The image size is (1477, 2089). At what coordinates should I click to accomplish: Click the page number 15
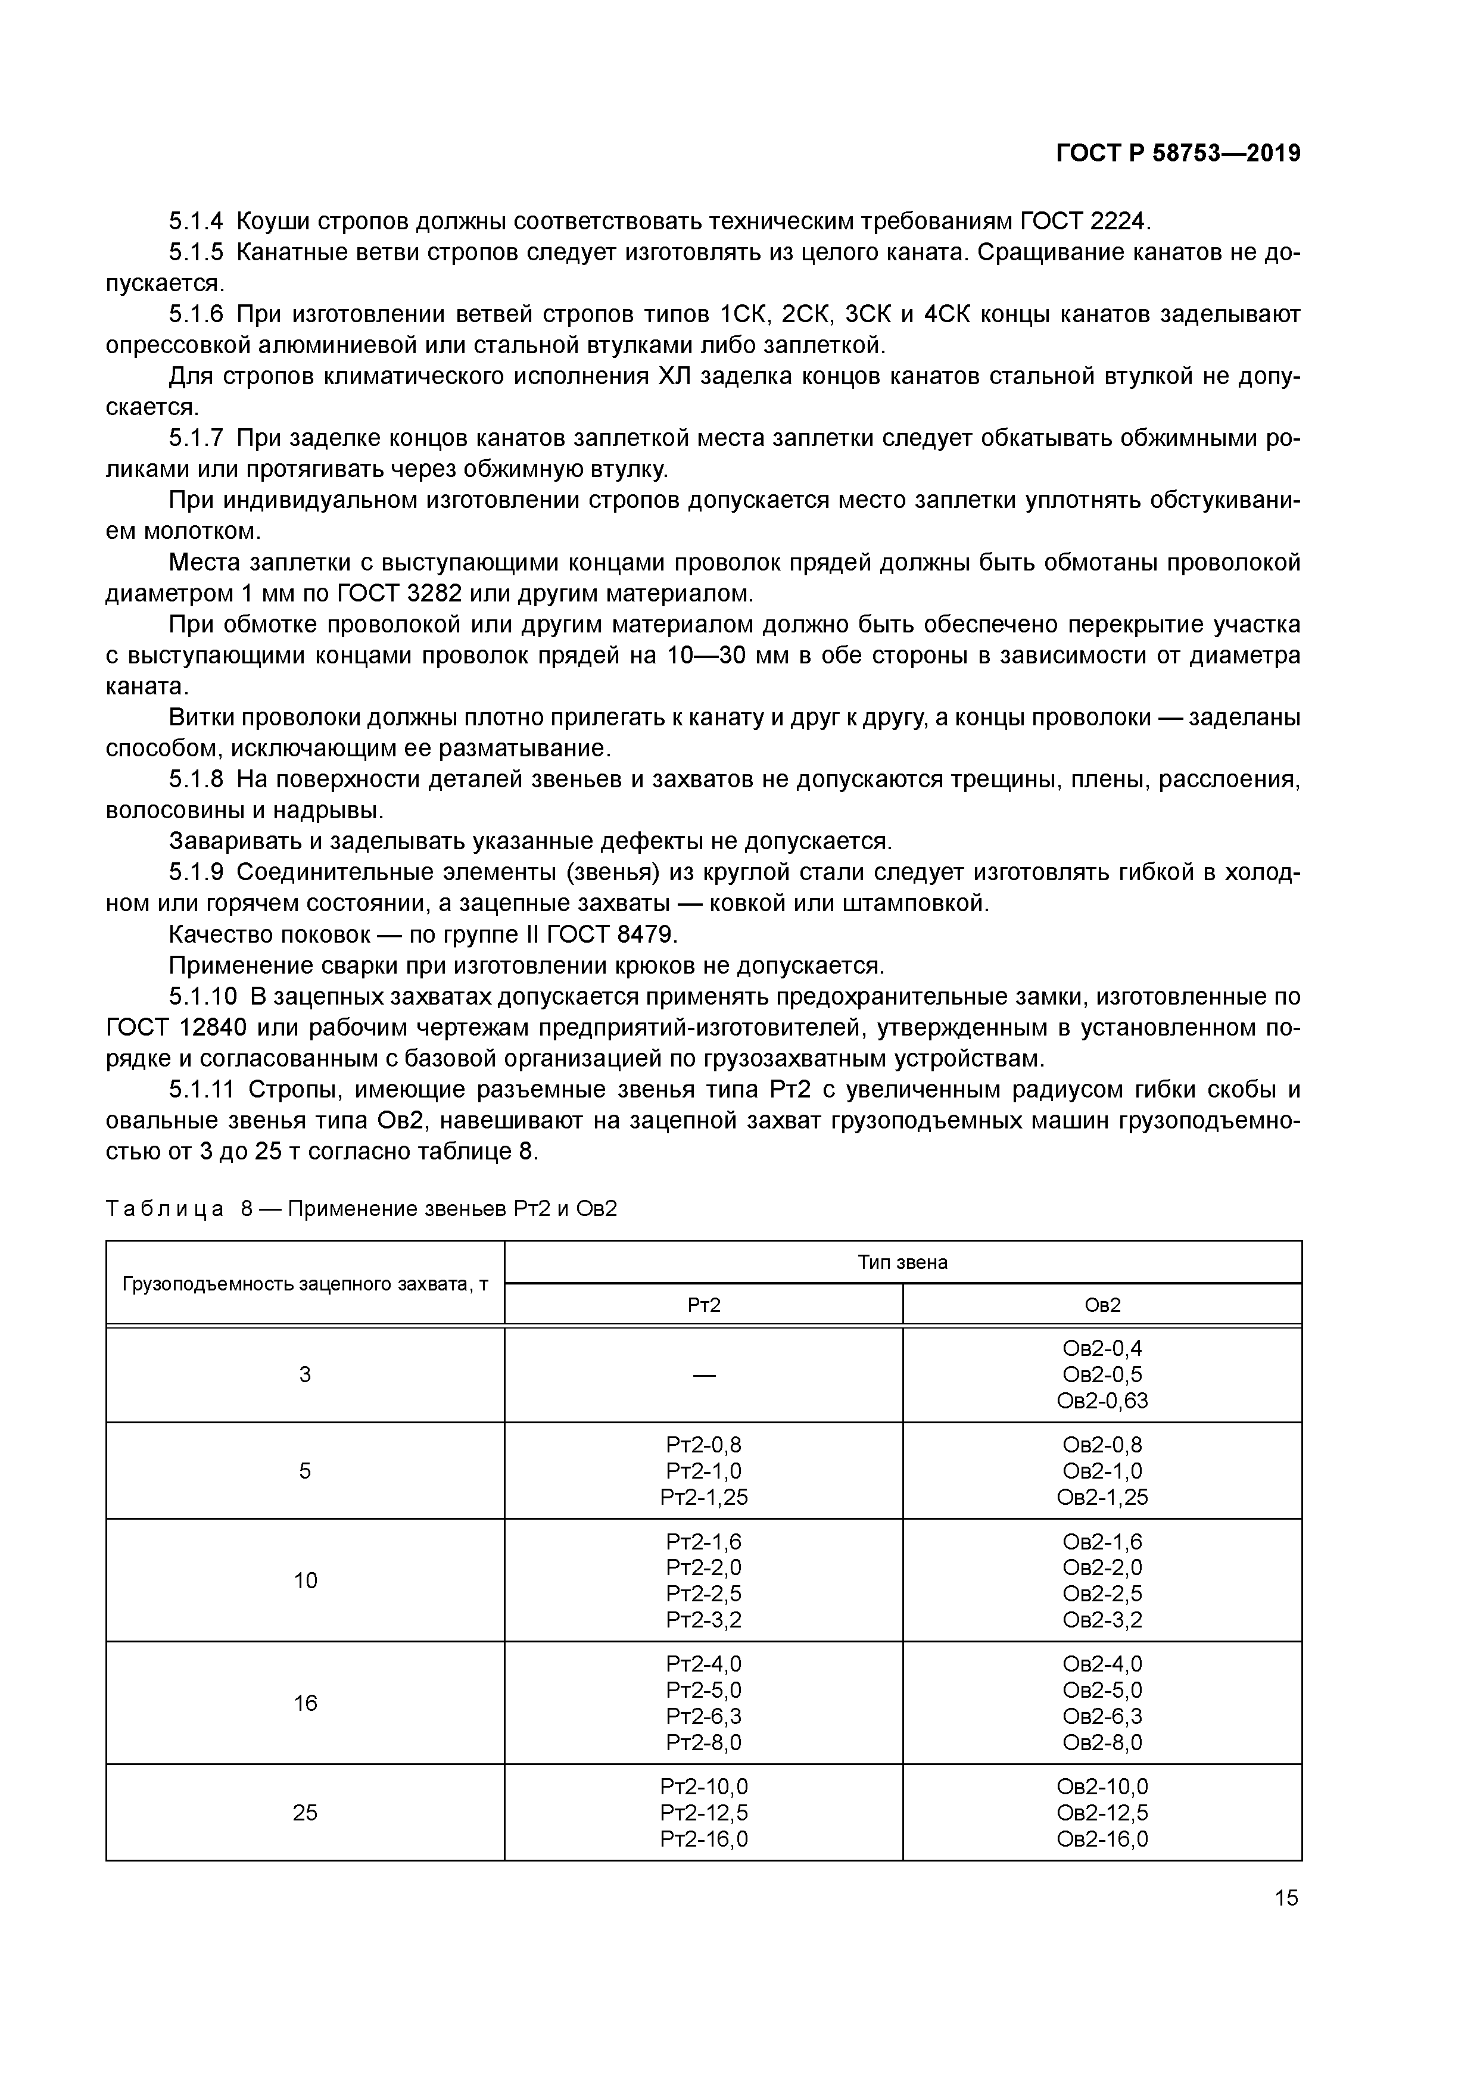[1286, 1898]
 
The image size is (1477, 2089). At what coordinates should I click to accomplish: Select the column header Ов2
[1102, 1305]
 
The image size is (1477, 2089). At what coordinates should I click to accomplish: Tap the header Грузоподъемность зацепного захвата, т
[305, 1284]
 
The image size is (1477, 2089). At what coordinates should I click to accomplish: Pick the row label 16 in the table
[305, 1703]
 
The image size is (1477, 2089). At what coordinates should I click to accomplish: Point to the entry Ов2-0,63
[1102, 1400]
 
